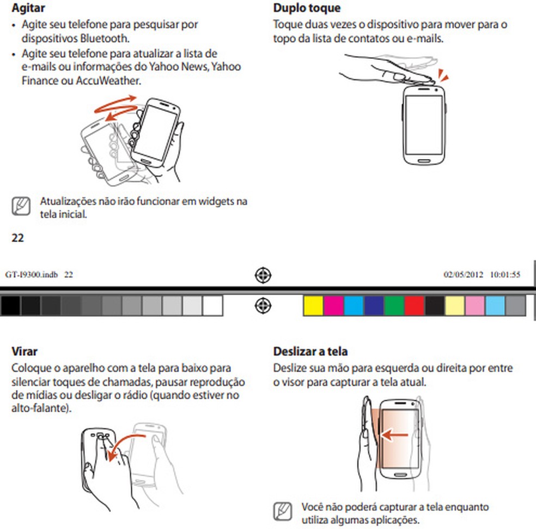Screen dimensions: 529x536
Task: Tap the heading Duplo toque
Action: (x=307, y=8)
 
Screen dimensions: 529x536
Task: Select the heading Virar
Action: (x=25, y=351)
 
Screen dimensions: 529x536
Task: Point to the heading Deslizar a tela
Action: (x=310, y=351)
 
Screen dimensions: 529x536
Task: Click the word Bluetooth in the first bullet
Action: (x=100, y=39)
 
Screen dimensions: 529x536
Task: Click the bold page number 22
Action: (x=17, y=238)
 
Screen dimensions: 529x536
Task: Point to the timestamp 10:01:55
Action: (x=505, y=274)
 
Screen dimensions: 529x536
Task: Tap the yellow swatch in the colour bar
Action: (x=313, y=306)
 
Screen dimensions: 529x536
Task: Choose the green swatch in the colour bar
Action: (x=393, y=306)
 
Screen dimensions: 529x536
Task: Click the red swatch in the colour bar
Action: (x=414, y=306)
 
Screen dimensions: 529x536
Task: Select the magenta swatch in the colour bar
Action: (x=333, y=306)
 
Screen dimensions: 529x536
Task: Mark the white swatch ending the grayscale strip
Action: (x=212, y=306)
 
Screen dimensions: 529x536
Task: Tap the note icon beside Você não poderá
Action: (x=282, y=512)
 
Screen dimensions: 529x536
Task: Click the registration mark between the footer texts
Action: (x=263, y=275)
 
